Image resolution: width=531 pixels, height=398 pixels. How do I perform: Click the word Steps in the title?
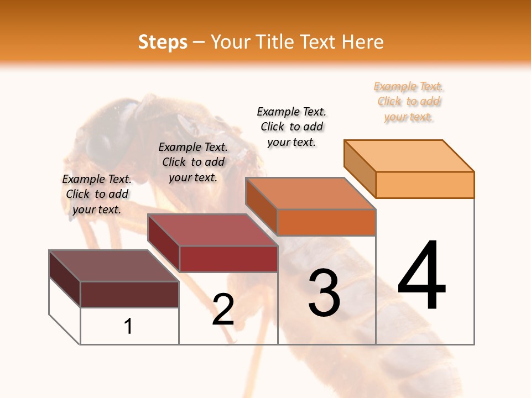pyautogui.click(x=163, y=42)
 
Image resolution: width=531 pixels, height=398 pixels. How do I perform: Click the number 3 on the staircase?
pyautogui.click(x=324, y=293)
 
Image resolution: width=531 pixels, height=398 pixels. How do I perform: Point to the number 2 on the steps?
pyautogui.click(x=223, y=310)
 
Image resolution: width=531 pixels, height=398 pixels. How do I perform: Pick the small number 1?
pyautogui.click(x=128, y=327)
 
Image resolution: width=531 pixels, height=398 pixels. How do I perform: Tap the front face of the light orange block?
pyautogui.click(x=425, y=185)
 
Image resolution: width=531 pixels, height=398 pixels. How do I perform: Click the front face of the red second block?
pyautogui.click(x=228, y=259)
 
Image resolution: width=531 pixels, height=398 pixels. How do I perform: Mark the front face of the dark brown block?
pyautogui.click(x=129, y=294)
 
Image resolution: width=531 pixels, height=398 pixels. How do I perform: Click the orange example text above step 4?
pyautogui.click(x=409, y=102)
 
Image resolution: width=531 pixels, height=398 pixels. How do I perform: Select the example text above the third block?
pyautogui.click(x=291, y=127)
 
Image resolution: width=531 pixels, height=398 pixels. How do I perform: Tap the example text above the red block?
pyautogui.click(x=193, y=162)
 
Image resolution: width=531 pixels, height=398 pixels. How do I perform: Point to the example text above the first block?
pyautogui.click(x=97, y=194)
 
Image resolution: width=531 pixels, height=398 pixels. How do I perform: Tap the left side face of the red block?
pyautogui.click(x=164, y=243)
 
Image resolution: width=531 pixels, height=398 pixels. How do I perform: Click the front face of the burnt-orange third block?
pyautogui.click(x=326, y=222)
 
